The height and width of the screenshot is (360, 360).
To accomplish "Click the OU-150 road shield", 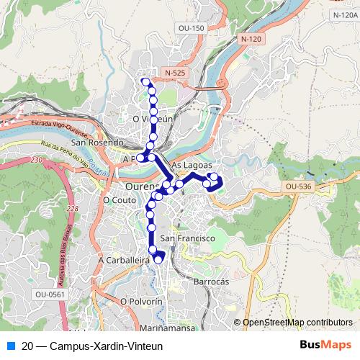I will [x=192, y=28].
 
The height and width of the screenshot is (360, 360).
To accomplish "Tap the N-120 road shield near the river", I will [x=250, y=38].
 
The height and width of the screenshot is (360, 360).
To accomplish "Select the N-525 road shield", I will [x=175, y=73].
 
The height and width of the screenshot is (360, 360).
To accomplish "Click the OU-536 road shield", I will [x=297, y=186].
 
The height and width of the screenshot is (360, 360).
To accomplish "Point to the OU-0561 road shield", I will [x=49, y=294].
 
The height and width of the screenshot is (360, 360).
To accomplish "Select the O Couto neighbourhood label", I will [x=119, y=199].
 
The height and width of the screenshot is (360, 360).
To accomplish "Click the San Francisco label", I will [x=188, y=238].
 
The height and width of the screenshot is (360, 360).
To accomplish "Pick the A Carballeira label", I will [x=124, y=258].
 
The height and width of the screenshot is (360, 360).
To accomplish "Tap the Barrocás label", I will [x=211, y=282].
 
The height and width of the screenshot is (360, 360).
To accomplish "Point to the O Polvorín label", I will [x=142, y=301].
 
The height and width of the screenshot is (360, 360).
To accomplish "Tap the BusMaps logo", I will [x=326, y=345].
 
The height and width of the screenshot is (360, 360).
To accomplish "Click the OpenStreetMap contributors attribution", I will [x=298, y=322].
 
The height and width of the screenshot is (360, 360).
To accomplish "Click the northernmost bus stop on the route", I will [x=145, y=81].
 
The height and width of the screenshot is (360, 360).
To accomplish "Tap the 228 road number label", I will [x=71, y=208].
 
